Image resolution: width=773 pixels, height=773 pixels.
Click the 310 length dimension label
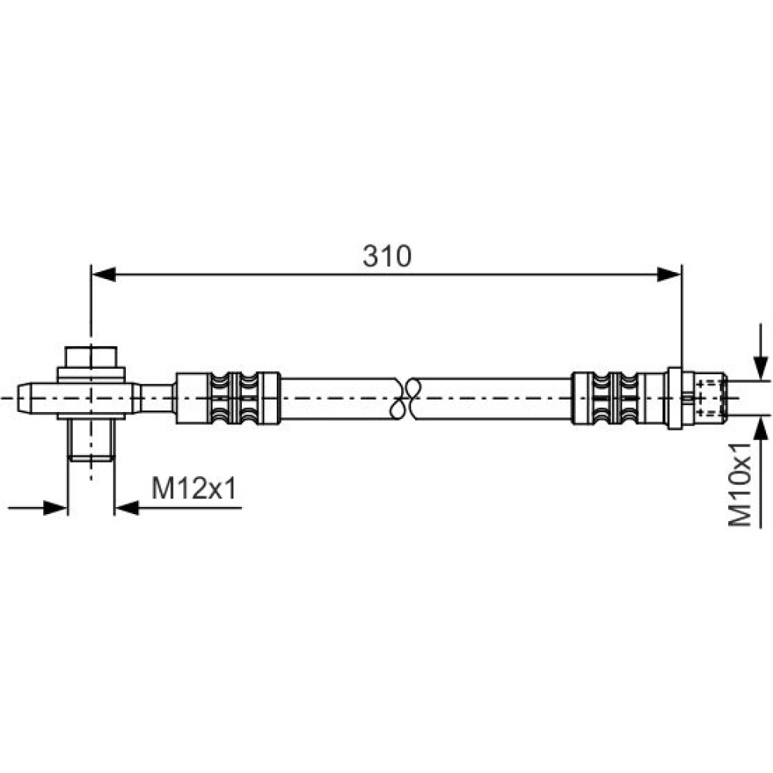pos(387,257)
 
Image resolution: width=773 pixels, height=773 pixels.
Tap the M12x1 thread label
pos(194,489)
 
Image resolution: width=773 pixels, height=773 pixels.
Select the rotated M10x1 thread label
pos(741,485)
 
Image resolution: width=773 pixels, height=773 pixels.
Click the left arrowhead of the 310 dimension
pos(104,274)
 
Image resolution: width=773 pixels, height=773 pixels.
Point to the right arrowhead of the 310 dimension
pos(669,274)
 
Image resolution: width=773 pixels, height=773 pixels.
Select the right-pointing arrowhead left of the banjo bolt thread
pos(55,508)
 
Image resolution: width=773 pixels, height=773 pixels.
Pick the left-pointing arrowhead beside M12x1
pos(127,508)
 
